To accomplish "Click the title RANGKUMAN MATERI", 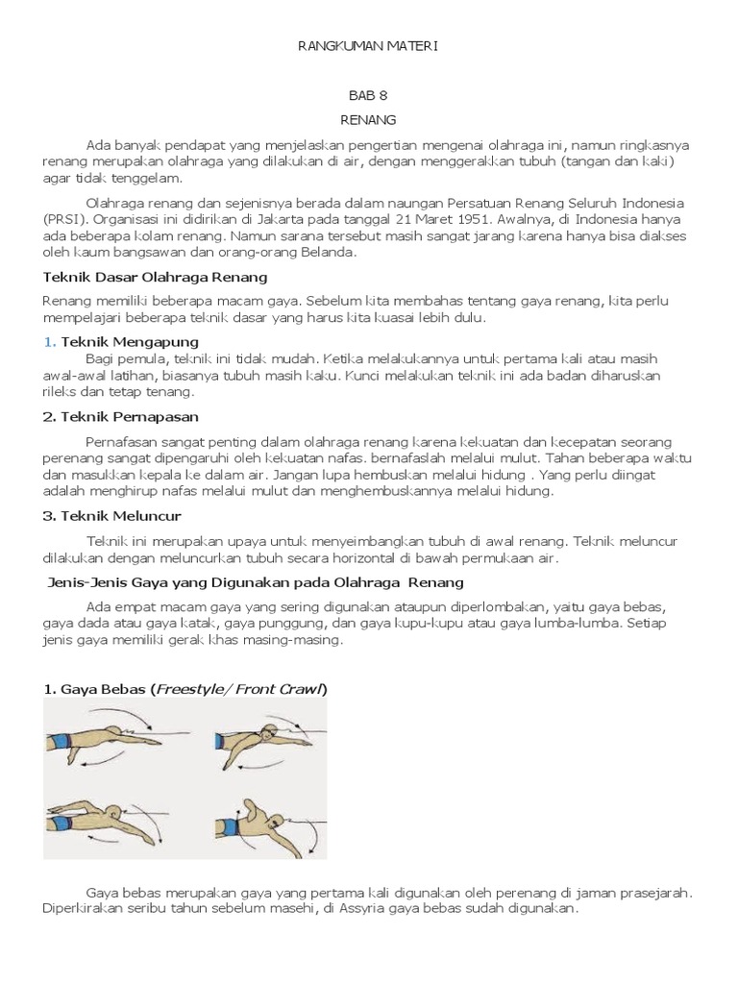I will click(369, 45).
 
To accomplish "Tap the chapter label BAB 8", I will click(368, 97).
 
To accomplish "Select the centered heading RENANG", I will click(368, 120).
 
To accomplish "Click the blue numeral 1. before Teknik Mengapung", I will click(50, 341).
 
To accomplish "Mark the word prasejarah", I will click(650, 893).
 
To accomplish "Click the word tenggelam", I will click(152, 178).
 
